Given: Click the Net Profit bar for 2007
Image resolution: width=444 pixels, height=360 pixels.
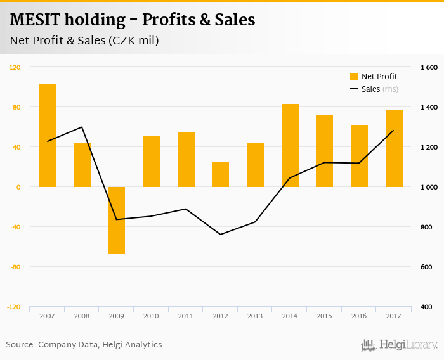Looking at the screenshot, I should click(x=47, y=135).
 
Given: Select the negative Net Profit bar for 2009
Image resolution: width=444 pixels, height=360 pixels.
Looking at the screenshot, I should click(x=116, y=220).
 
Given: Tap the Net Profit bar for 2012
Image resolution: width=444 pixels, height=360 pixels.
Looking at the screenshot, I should click(x=220, y=174).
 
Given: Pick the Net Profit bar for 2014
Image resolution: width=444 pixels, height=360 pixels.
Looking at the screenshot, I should click(x=290, y=145).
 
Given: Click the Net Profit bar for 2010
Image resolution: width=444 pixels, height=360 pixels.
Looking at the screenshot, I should click(x=151, y=161).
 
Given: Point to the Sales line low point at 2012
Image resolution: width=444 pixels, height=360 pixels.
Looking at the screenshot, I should click(x=220, y=235).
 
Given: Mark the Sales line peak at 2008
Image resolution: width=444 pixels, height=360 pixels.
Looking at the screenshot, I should click(x=82, y=127).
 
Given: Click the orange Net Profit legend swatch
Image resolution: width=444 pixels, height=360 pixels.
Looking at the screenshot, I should click(x=354, y=77).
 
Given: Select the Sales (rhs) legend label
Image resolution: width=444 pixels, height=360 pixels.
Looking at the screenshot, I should click(x=379, y=89).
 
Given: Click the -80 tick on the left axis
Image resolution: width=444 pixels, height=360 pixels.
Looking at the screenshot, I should click(x=15, y=267).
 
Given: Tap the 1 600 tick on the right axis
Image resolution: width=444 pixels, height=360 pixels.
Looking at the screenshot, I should click(x=429, y=67).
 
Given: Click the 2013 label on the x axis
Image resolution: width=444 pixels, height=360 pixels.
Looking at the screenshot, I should click(x=255, y=316).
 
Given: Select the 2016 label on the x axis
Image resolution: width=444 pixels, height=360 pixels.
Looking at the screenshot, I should click(x=359, y=316).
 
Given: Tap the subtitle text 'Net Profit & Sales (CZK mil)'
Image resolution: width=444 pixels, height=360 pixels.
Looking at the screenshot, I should click(x=84, y=41).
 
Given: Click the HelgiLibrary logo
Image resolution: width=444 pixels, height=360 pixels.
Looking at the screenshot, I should click(x=399, y=345).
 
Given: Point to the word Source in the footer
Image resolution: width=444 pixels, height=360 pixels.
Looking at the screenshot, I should click(x=20, y=345).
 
